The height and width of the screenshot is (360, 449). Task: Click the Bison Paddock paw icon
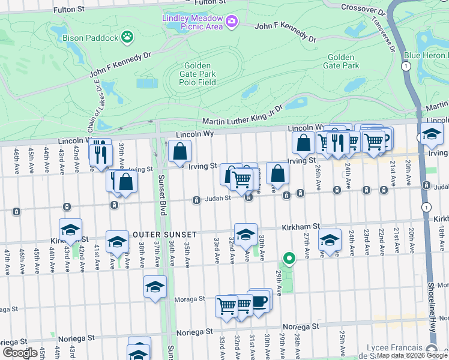[127, 38]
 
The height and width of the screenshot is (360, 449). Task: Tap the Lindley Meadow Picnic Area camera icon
[231, 23]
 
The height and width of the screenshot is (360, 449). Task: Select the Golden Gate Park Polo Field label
[197, 74]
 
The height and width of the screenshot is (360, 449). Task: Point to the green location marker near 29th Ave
[289, 259]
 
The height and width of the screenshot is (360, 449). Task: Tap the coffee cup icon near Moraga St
[259, 301]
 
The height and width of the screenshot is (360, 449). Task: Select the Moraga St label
[190, 298]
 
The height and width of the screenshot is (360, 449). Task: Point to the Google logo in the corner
[20, 353]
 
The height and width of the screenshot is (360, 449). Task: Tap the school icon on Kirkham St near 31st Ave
[246, 236]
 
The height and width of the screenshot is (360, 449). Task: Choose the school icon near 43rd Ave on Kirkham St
[70, 231]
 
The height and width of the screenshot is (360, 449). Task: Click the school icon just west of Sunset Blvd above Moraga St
[155, 287]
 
